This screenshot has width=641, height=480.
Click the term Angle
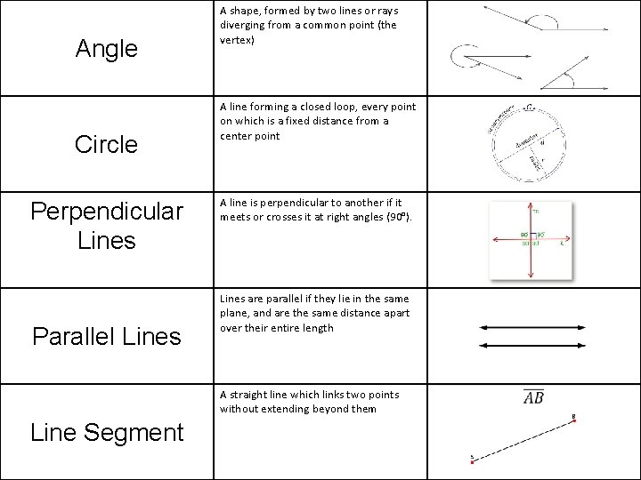click(107, 48)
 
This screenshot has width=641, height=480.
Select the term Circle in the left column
click(107, 144)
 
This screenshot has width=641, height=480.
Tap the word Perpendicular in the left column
click(107, 212)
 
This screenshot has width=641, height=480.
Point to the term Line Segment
click(107, 432)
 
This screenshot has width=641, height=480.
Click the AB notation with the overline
click(535, 397)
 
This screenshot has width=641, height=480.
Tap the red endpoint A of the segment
click(473, 459)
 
